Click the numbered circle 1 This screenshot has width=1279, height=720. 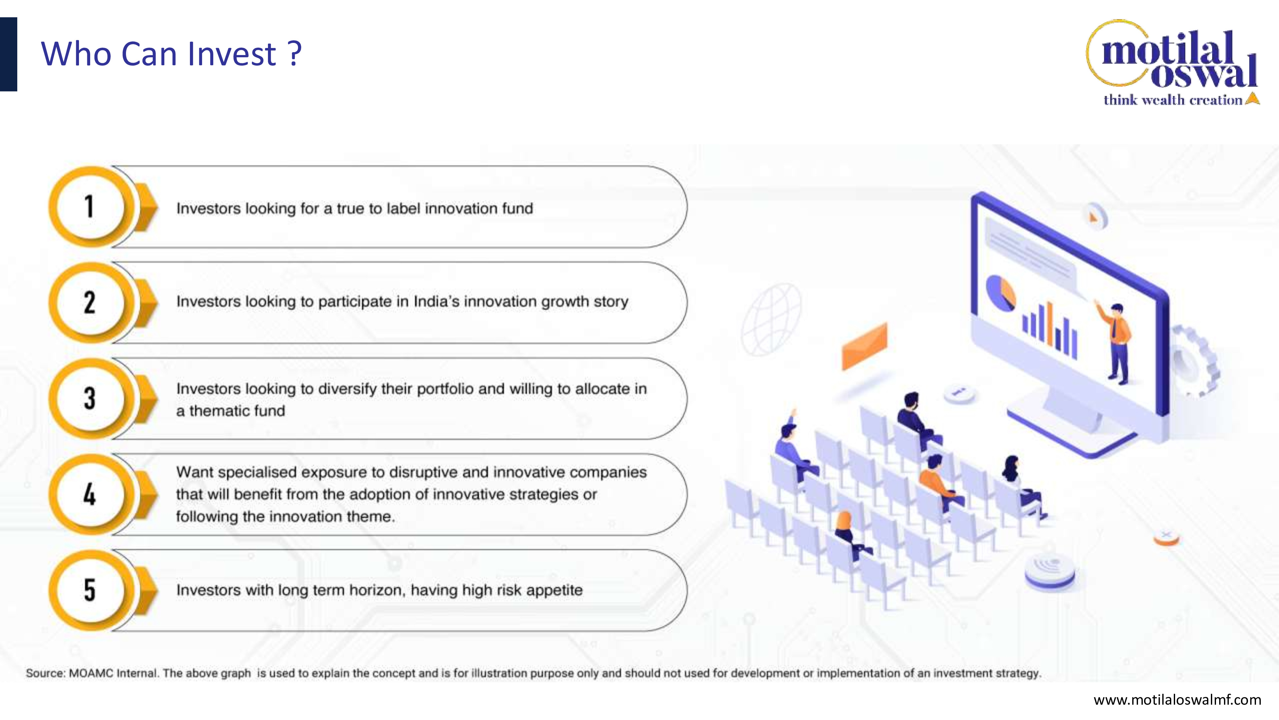click(90, 207)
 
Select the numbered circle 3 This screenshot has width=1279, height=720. click(90, 398)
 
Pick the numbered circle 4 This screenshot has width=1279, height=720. click(90, 494)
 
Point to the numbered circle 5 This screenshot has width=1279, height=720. click(90, 590)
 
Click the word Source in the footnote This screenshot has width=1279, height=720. click(45, 673)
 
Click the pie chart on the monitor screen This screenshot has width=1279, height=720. click(1000, 293)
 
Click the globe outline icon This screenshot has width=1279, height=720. click(771, 319)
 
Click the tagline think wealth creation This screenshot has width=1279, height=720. click(1173, 100)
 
